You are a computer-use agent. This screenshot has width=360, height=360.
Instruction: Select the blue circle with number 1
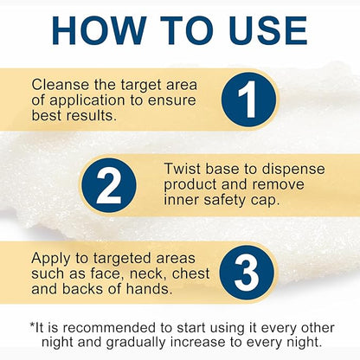pyautogui.click(x=249, y=100)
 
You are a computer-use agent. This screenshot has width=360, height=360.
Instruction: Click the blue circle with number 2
pyautogui.click(x=109, y=185)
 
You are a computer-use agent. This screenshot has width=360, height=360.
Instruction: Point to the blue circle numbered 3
pyautogui.click(x=247, y=273)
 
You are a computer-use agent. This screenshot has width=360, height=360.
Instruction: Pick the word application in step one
pyautogui.click(x=87, y=101)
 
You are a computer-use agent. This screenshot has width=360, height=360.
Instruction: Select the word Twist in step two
pyautogui.click(x=183, y=169)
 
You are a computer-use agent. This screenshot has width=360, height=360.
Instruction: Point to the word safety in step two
pyautogui.click(x=224, y=201)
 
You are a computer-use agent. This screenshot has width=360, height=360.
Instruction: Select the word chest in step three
pyautogui.click(x=190, y=273)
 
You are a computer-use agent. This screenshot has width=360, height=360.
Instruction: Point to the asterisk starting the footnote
pyautogui.click(x=33, y=325)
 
